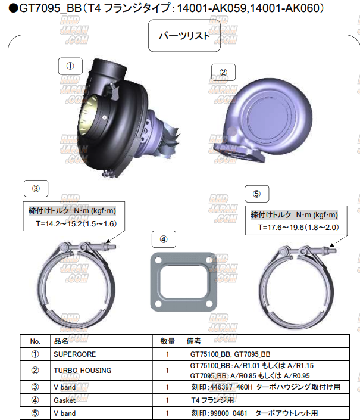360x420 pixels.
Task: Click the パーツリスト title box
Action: tap(184, 36)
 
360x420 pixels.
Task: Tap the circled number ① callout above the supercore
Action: tap(70, 66)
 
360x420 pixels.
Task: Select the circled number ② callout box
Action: tap(223, 72)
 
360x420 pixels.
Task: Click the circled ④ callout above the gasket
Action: tap(164, 239)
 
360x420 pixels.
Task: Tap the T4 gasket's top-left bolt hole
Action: tap(158, 260)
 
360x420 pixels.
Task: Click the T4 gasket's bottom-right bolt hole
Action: tap(209, 303)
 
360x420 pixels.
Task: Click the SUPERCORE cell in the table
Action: tap(74, 354)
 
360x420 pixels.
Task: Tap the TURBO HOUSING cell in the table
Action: tap(82, 371)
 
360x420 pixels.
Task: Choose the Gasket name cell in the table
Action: tap(64, 400)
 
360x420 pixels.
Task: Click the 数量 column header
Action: tap(167, 341)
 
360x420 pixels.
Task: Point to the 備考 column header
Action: tap(193, 341)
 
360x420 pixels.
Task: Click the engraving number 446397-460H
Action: tap(231, 387)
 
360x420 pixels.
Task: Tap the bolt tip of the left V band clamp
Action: tap(114, 247)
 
